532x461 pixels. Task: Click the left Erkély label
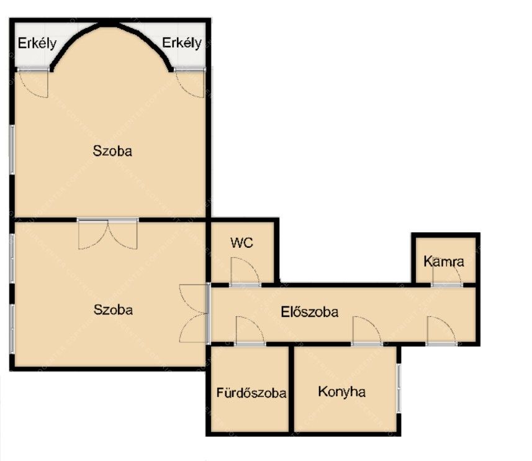[x=37, y=43]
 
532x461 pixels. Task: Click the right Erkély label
[x=181, y=43]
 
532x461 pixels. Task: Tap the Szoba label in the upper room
[x=112, y=151]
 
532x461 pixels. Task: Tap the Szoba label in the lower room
[x=113, y=309]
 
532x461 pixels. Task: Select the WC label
[x=241, y=243]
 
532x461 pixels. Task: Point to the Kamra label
[x=444, y=262]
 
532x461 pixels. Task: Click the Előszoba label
[x=309, y=312]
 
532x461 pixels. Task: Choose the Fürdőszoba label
[x=251, y=393]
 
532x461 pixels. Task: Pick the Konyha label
[x=341, y=392]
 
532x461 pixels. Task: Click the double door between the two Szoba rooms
[x=108, y=234]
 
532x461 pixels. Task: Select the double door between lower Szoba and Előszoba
[x=194, y=313]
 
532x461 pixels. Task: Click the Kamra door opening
[x=447, y=285]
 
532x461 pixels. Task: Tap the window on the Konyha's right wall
[x=399, y=388]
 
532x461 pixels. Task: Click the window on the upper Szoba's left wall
[x=12, y=150]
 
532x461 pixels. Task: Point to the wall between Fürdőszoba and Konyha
[x=291, y=389]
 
